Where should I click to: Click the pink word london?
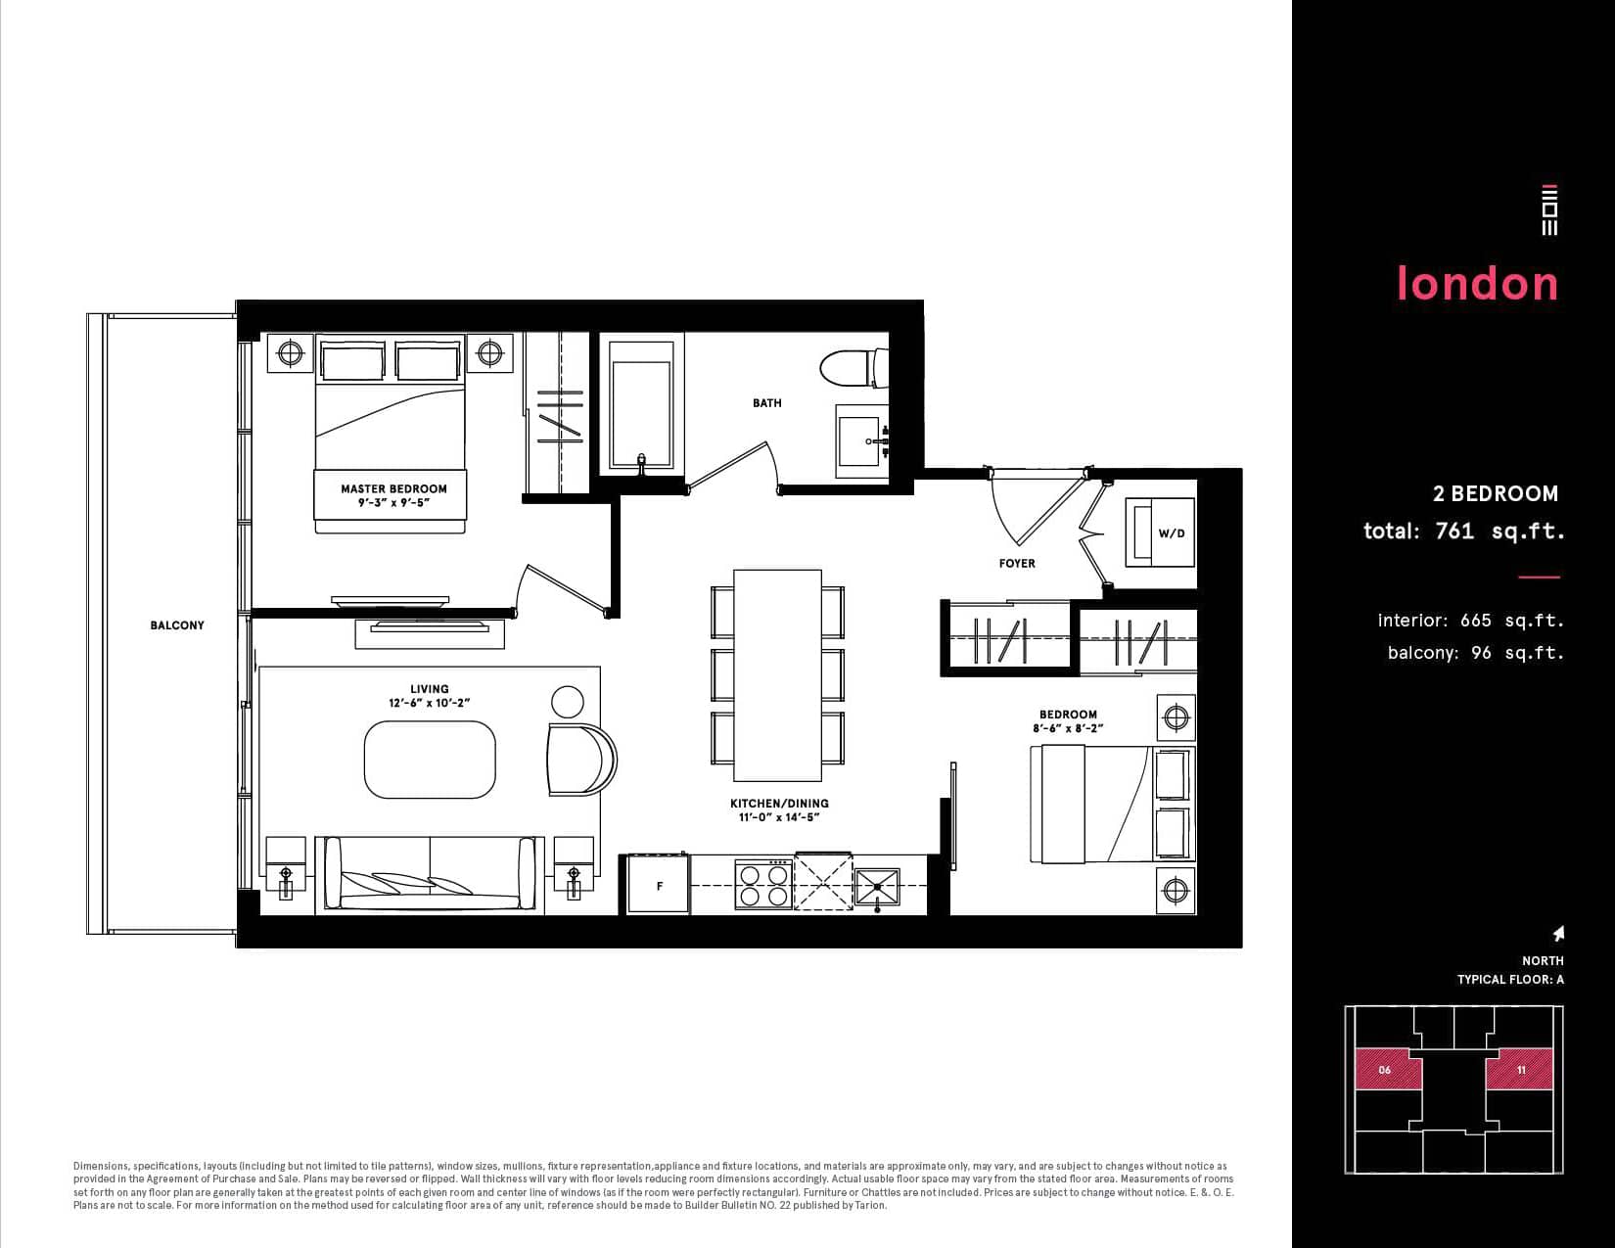1478,283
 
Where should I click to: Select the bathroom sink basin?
860,440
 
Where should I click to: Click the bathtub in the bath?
641,405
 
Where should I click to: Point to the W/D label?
1172,533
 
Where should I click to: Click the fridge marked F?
659,884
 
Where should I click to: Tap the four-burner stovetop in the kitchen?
763,885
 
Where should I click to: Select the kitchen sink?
877,887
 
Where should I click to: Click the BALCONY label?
177,625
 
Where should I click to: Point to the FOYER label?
1017,564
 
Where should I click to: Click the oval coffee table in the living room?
430,760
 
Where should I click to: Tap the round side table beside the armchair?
567,702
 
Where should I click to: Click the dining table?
777,675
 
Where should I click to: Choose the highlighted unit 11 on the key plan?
1520,1070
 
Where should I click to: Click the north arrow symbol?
1558,934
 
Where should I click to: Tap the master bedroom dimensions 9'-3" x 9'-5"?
393,503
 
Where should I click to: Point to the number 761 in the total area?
1454,531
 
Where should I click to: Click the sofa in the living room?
430,875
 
